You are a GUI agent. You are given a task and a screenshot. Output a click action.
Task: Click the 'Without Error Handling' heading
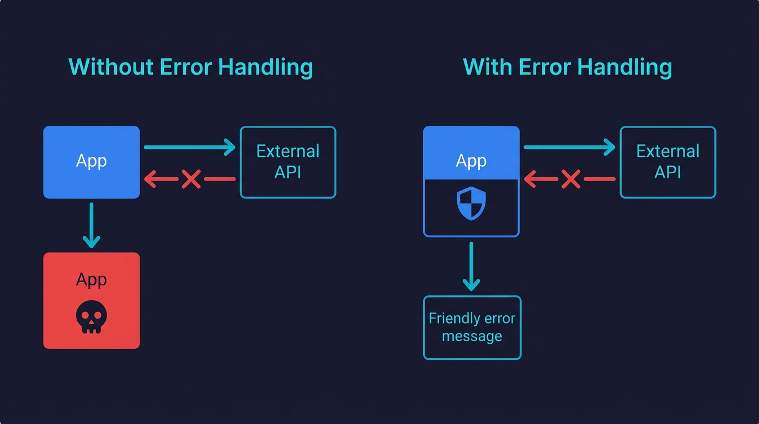(x=190, y=67)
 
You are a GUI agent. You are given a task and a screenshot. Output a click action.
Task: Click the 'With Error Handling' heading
(x=567, y=67)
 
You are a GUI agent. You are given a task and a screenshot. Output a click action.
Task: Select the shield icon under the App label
(x=471, y=203)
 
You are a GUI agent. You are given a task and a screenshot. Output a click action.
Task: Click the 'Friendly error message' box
(x=472, y=327)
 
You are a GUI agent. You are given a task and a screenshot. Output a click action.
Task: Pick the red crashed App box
(x=91, y=300)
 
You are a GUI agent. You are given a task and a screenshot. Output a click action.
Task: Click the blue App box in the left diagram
(x=91, y=162)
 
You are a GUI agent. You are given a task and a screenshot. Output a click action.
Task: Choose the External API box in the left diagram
(x=287, y=162)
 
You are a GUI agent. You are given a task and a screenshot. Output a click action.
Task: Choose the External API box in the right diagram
(x=667, y=162)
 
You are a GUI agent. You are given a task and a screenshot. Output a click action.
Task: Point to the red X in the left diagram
(x=191, y=179)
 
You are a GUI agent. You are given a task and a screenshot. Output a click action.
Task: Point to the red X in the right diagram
(x=571, y=179)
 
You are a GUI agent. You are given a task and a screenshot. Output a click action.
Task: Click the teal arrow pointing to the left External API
(x=189, y=147)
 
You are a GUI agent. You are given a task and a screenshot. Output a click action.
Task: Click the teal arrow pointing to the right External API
(x=569, y=147)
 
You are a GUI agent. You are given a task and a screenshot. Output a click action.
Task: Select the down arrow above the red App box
(x=91, y=225)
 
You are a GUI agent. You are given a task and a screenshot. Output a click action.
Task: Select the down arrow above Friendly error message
(x=471, y=266)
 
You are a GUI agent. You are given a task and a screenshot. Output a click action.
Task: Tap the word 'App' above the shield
(x=471, y=161)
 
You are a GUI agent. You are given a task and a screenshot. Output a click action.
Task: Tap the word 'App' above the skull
(x=91, y=279)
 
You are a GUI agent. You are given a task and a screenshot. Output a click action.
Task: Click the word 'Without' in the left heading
(x=111, y=67)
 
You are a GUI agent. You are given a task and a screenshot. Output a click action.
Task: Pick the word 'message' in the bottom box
(x=472, y=336)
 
